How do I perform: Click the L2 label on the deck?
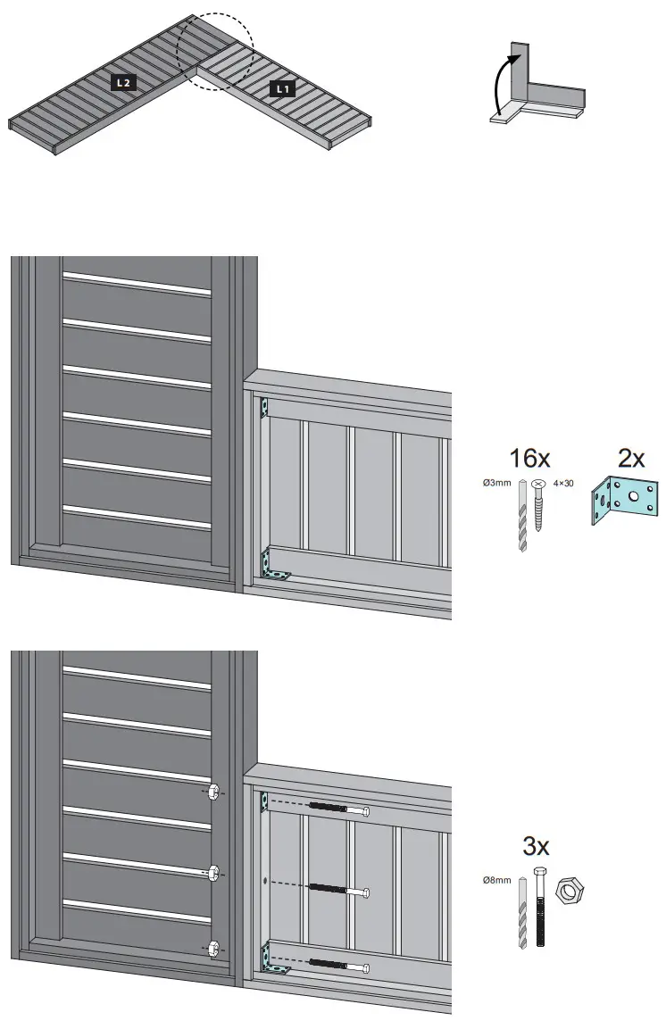pyautogui.click(x=122, y=82)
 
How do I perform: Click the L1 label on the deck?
pyautogui.click(x=282, y=88)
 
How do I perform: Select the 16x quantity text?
pyautogui.click(x=529, y=459)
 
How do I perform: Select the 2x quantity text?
pyautogui.click(x=631, y=459)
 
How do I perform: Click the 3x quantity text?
pyautogui.click(x=536, y=845)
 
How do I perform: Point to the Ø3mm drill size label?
pyautogui.click(x=496, y=484)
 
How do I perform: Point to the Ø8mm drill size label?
pyautogui.click(x=496, y=881)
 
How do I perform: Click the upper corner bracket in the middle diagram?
pyautogui.click(x=263, y=409)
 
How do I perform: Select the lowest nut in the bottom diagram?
pyautogui.click(x=214, y=950)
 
